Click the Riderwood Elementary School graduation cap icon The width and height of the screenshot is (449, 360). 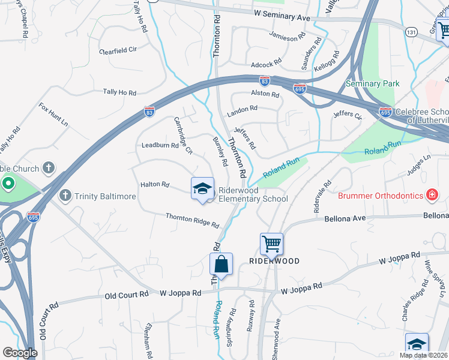(x=202, y=189)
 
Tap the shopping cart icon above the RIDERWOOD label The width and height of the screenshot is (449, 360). (x=271, y=244)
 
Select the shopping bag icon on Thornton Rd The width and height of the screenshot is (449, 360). (x=221, y=265)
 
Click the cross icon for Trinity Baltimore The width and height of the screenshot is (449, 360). (x=65, y=195)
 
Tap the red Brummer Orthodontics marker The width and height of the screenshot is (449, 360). (x=431, y=194)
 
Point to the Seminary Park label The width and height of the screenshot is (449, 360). (x=372, y=83)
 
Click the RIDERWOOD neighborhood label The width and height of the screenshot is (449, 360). (x=274, y=261)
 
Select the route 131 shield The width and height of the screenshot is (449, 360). (x=411, y=31)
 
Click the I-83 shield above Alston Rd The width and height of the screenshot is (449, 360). (x=264, y=80)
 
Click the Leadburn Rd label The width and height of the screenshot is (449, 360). (x=160, y=145)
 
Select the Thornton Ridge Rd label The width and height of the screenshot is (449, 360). (x=192, y=220)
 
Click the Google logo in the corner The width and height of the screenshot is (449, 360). (x=20, y=353)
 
